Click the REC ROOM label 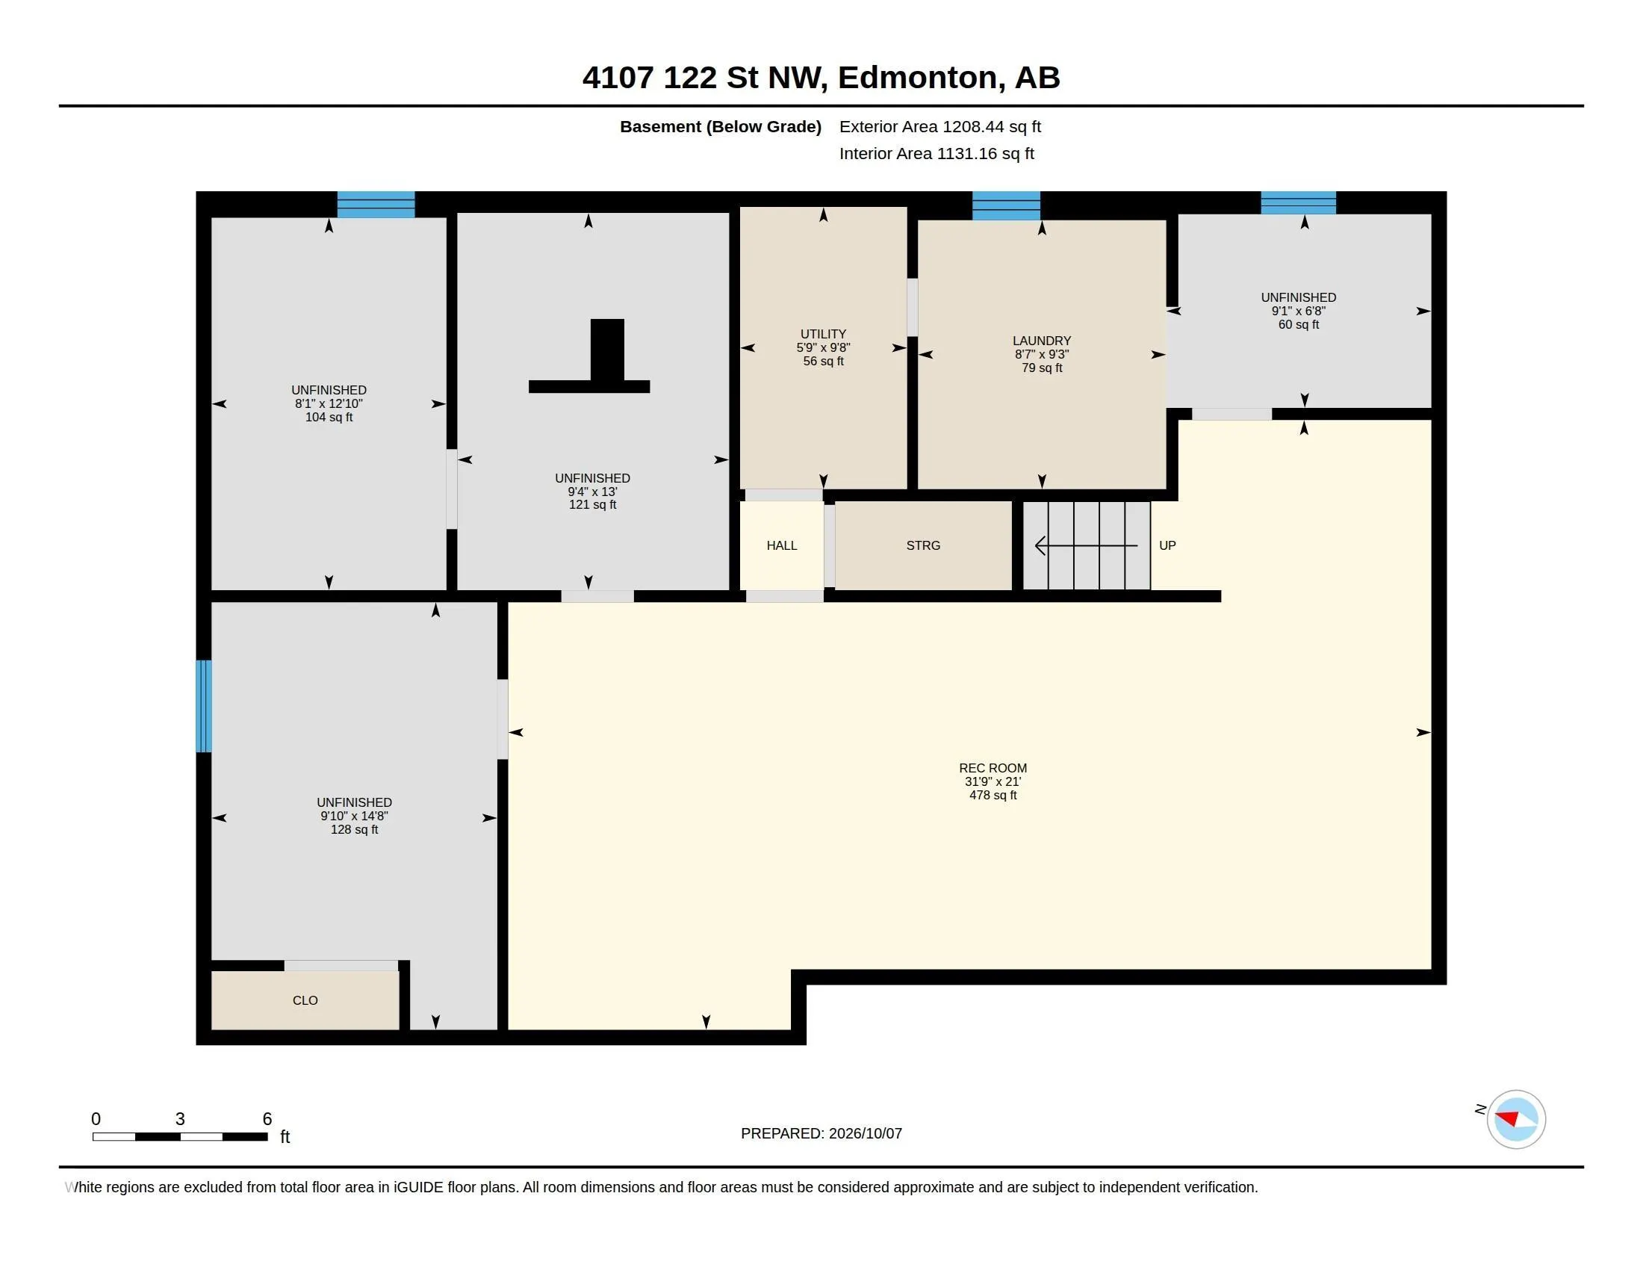point(993,768)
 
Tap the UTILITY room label point(823,334)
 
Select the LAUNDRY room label point(1041,341)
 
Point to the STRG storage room point(923,545)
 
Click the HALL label point(782,545)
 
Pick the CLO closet point(305,1000)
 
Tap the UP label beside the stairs point(1167,545)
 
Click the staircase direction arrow point(1087,545)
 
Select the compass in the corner point(1515,1119)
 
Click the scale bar point(180,1136)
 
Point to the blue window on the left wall point(204,706)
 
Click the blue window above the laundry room point(1006,205)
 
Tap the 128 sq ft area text point(354,829)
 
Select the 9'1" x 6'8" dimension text point(1299,311)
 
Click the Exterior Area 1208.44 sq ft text point(939,126)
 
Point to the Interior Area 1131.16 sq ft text point(937,153)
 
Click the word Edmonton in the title point(922,78)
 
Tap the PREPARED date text point(821,1133)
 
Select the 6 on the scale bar point(267,1119)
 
